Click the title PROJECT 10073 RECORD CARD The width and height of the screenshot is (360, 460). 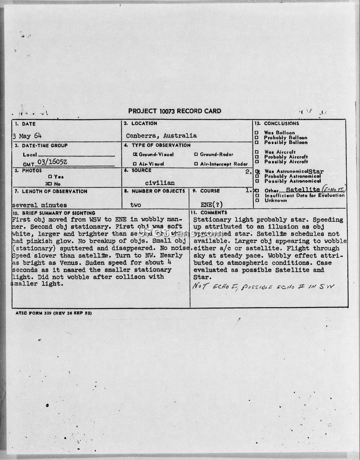point(175,111)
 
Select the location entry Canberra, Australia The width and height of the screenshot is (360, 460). point(161,135)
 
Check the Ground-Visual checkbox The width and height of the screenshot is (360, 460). point(135,154)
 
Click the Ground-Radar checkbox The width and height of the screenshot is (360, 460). point(196,154)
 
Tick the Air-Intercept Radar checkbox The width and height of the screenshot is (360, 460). point(196,164)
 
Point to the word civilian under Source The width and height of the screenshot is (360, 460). point(160,183)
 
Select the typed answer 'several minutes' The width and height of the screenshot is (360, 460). point(40,205)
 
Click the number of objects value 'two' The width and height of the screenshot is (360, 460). point(135,205)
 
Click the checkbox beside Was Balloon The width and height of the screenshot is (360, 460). point(256,133)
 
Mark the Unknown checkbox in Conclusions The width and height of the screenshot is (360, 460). point(256,201)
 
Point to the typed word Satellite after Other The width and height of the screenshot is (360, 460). point(305,190)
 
